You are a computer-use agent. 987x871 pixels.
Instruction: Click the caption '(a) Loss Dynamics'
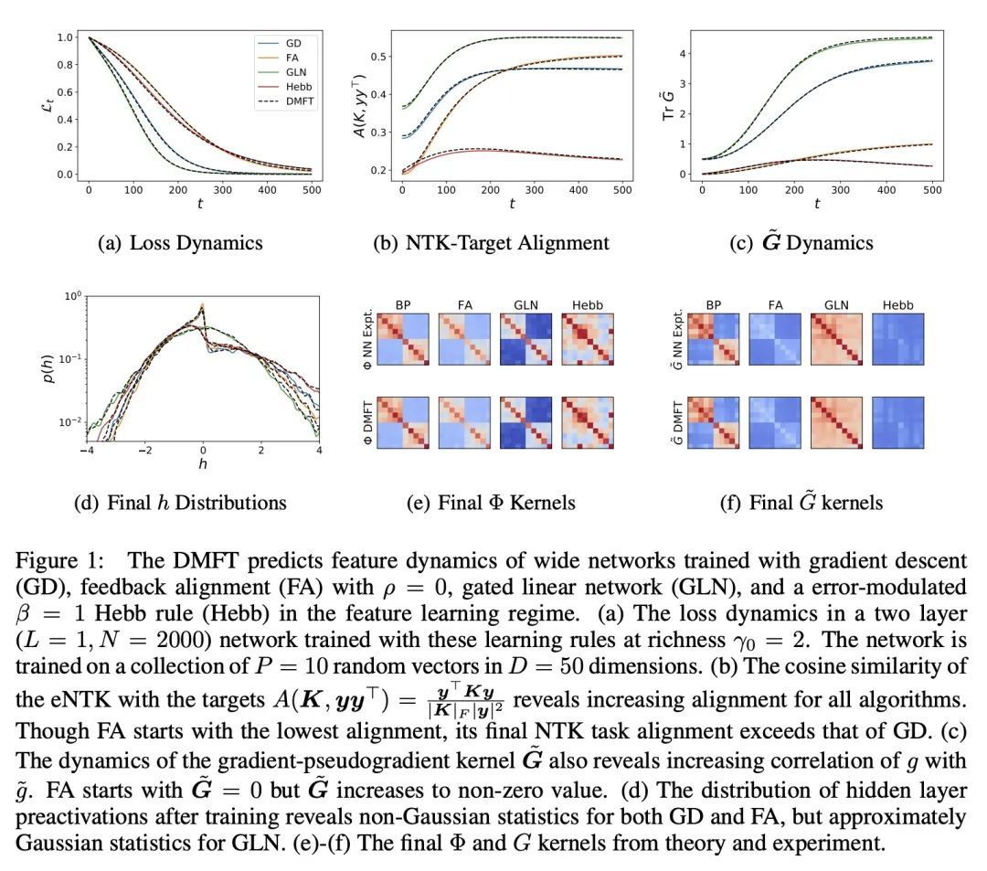click(x=180, y=243)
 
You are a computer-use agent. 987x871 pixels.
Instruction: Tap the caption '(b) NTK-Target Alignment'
click(x=492, y=243)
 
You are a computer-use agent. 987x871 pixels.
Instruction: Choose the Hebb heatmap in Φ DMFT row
click(x=587, y=423)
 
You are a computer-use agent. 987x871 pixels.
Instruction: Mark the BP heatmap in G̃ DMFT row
click(x=712, y=423)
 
